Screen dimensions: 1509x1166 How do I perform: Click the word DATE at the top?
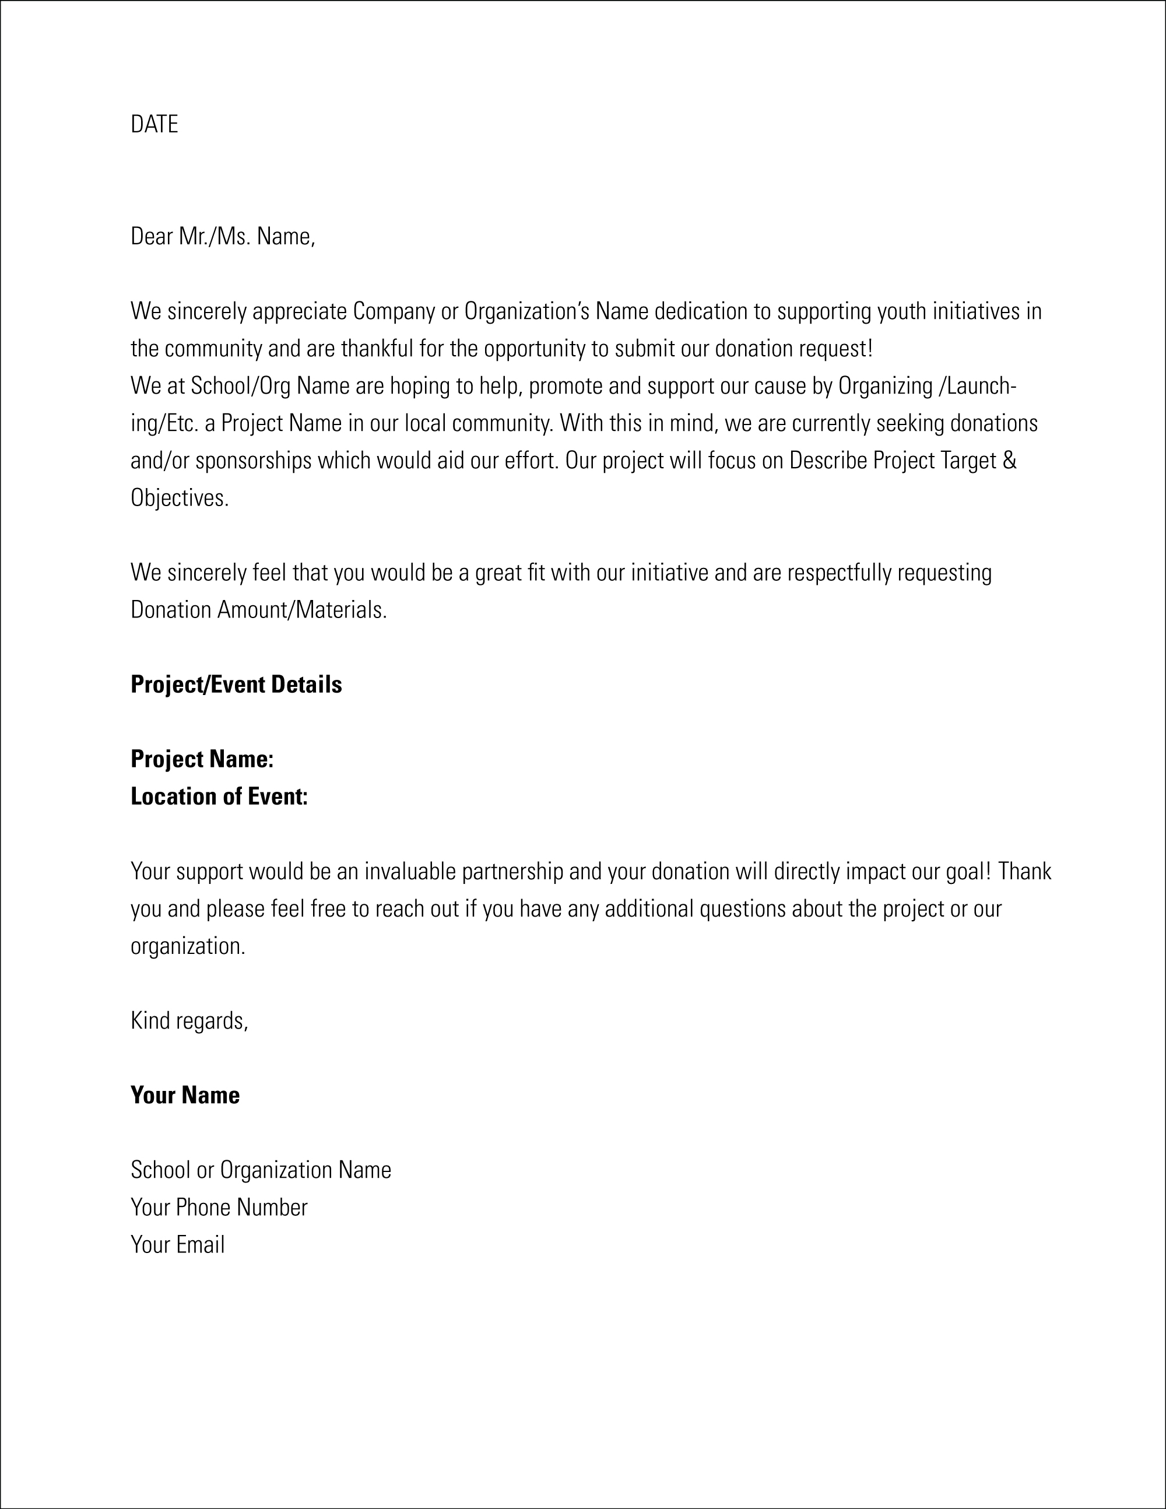pos(154,124)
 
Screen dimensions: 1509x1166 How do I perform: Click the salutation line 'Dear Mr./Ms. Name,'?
pos(223,237)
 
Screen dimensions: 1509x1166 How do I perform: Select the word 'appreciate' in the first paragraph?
pos(299,311)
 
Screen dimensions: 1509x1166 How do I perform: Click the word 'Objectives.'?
pos(180,498)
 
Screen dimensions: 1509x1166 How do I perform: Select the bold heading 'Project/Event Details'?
pos(236,685)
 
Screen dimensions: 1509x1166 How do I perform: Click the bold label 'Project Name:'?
pos(202,759)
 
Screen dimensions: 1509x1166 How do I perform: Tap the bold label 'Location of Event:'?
pos(219,796)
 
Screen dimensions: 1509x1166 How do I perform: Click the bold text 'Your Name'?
pos(185,1095)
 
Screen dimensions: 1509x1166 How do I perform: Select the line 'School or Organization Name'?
pos(261,1170)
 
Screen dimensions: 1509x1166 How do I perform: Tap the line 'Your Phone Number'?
pos(219,1207)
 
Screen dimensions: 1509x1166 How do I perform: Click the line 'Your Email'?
pos(178,1244)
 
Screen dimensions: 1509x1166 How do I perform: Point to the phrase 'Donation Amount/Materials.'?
pos(259,610)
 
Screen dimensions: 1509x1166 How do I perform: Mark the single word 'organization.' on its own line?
pos(188,946)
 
